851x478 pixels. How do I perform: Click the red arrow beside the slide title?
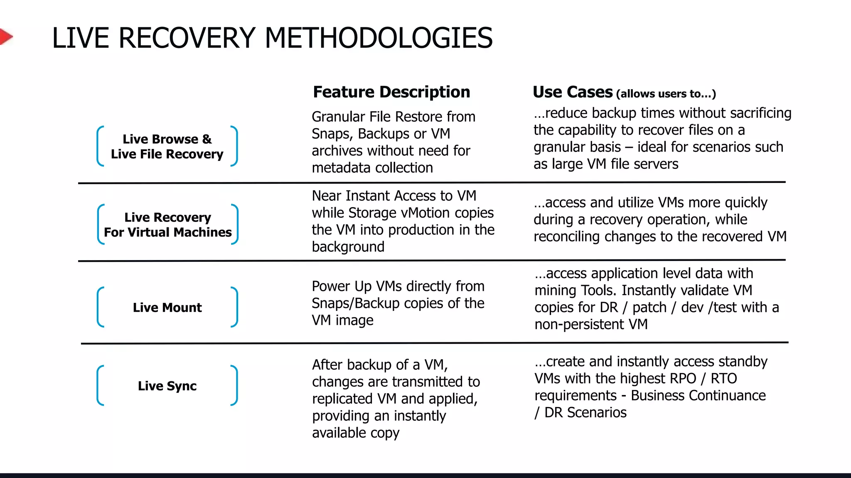[5, 37]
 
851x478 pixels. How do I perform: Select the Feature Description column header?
[391, 92]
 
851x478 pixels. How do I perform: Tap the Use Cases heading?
[572, 92]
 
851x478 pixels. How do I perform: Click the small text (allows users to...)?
[666, 94]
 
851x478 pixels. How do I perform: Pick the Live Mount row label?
[167, 307]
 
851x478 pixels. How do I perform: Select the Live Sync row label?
[167, 386]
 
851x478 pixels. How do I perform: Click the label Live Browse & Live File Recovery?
[167, 146]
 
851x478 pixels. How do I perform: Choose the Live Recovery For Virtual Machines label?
[167, 225]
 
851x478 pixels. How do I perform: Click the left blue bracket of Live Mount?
[100, 307]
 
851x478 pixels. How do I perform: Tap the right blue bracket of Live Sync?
[235, 385]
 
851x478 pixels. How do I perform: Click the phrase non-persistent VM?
[591, 324]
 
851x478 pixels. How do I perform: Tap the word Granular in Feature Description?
[337, 117]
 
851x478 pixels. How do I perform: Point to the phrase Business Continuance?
[698, 395]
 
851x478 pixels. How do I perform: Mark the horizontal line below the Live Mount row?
[434, 343]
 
